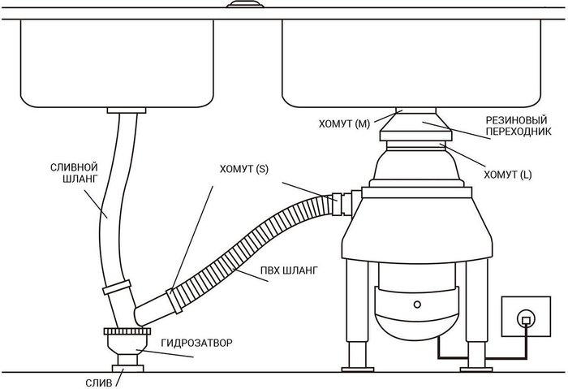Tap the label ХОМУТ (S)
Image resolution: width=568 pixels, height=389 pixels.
tap(240, 171)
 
